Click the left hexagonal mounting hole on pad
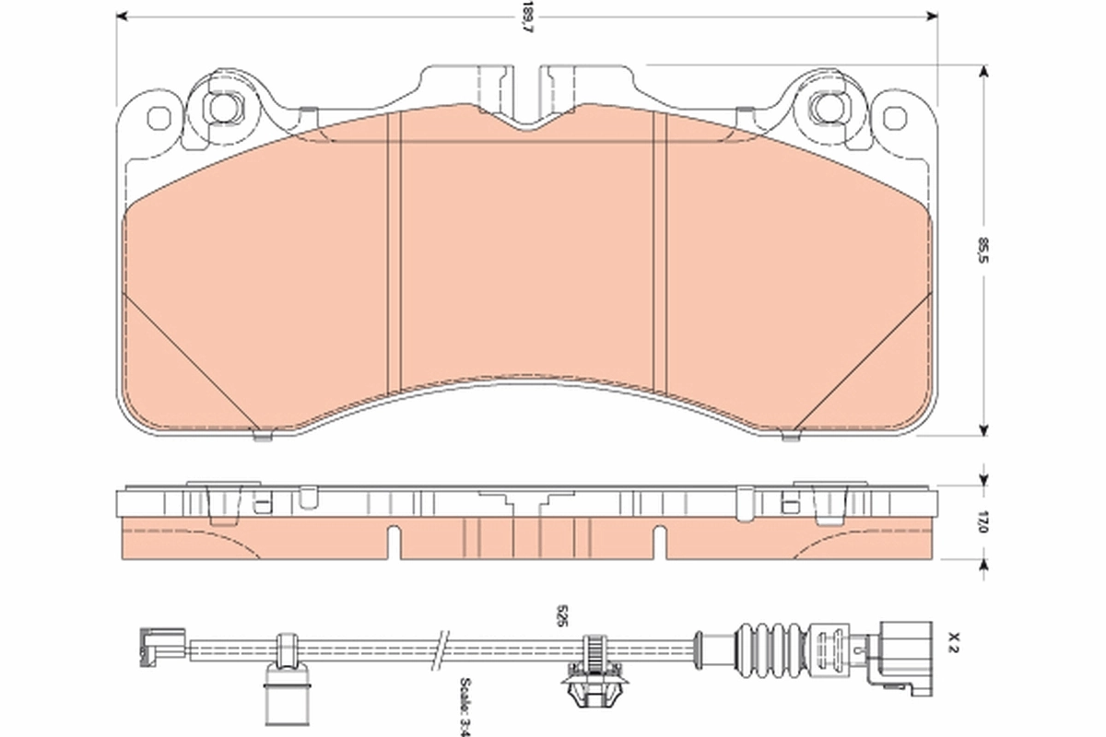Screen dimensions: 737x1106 click(221, 107)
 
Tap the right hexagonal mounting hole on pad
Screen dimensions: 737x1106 click(825, 107)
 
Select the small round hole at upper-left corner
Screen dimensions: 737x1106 click(159, 118)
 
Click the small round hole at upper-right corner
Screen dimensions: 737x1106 click(892, 118)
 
